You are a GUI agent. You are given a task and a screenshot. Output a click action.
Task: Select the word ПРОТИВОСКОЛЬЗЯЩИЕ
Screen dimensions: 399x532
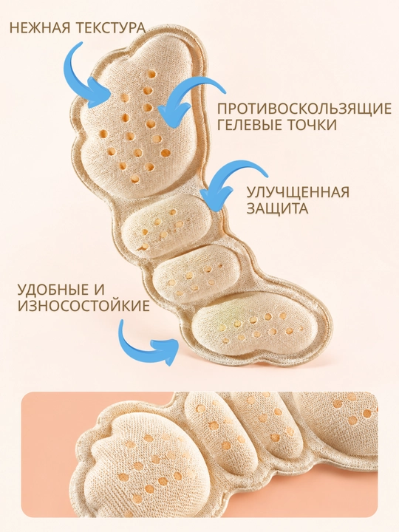point(304,109)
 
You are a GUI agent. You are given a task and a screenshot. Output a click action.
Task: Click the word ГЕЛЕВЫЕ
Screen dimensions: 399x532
point(250,125)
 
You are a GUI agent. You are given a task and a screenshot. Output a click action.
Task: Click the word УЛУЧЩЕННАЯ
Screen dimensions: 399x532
point(298,192)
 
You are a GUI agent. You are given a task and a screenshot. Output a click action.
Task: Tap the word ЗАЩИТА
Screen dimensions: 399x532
point(277,208)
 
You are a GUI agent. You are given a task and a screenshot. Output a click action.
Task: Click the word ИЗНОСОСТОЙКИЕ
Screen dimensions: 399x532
point(83,306)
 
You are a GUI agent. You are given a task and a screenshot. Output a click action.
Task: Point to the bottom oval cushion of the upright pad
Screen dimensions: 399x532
point(254,324)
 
